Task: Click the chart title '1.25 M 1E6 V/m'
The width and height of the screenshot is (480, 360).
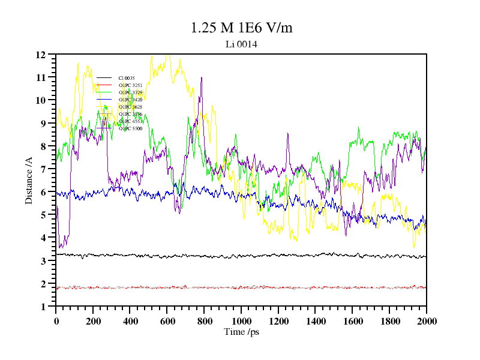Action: tap(241, 28)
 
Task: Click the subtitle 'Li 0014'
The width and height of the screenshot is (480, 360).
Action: tap(241, 44)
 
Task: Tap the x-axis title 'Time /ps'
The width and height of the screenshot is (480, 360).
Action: tap(241, 332)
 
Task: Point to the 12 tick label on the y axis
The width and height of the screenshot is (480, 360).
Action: tap(41, 55)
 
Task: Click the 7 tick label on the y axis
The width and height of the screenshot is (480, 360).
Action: tap(44, 169)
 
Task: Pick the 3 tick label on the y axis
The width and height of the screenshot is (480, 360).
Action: tap(44, 261)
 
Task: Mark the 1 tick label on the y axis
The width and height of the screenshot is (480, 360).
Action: tap(44, 307)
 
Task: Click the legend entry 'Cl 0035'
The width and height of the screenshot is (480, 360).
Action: tap(127, 78)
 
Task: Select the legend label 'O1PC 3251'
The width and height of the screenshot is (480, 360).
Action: tap(130, 85)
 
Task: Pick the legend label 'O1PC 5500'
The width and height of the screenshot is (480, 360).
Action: tap(130, 128)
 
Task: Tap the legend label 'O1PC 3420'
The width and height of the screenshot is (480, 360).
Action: tap(130, 100)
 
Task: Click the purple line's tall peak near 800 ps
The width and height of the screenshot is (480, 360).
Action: tap(202, 78)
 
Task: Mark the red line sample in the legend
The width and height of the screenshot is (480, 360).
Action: tap(104, 85)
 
